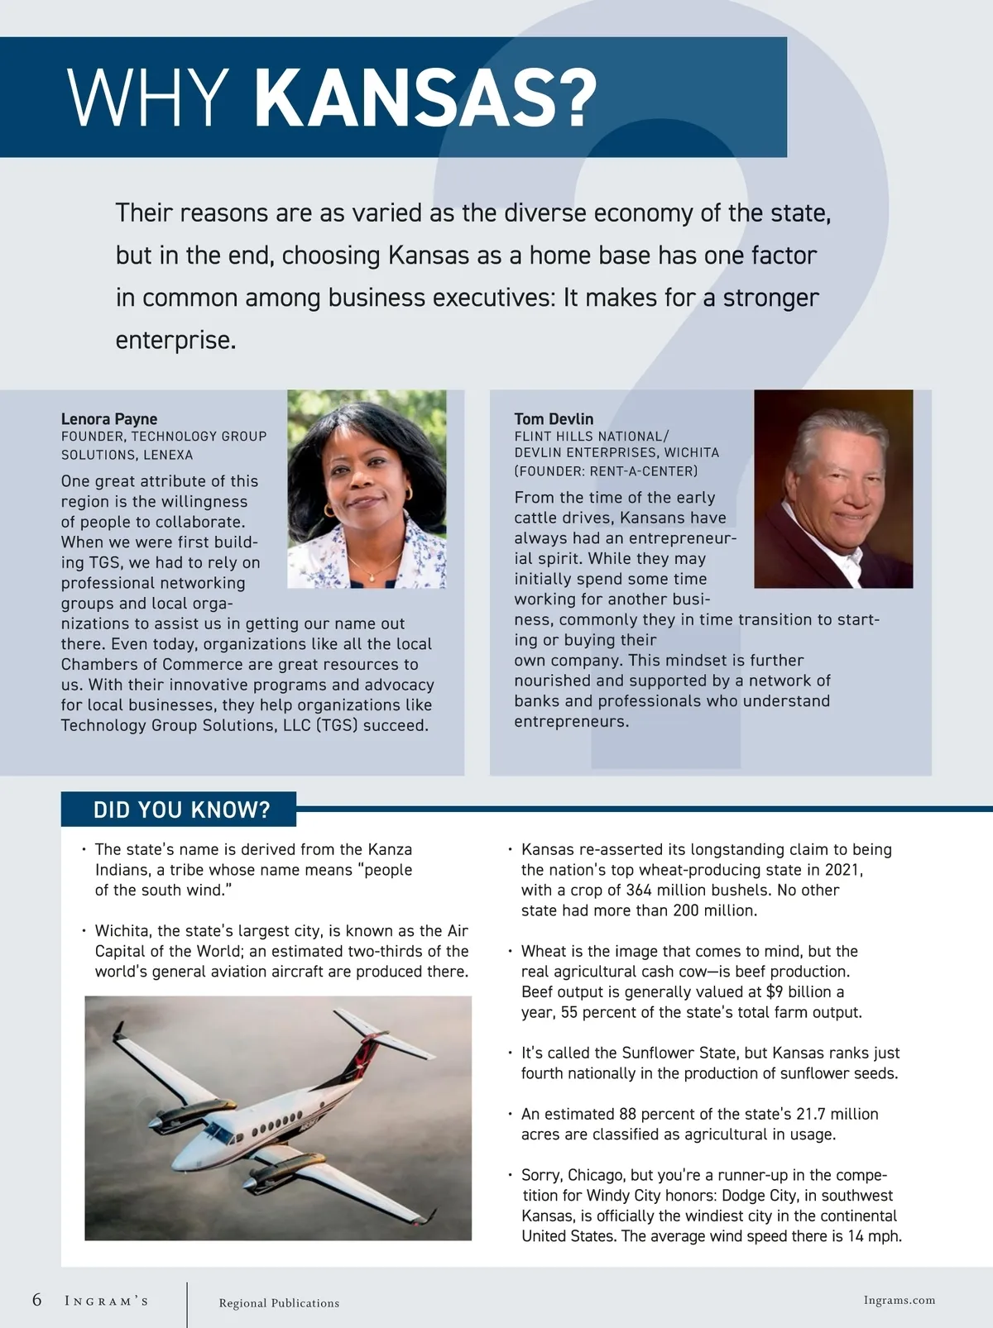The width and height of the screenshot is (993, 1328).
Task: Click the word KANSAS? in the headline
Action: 425,98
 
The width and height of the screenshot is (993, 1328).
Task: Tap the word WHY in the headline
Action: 149,98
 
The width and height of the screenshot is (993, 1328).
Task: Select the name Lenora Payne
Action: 109,418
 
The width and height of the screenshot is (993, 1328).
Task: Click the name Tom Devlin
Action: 554,418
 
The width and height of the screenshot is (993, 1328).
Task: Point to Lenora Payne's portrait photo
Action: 367,489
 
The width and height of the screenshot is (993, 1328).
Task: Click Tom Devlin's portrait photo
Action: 833,489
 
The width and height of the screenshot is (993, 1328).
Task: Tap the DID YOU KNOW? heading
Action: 181,810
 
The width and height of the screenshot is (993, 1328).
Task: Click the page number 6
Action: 37,1299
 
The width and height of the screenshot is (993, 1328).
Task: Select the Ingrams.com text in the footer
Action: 899,1300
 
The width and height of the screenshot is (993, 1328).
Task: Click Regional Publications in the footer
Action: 279,1303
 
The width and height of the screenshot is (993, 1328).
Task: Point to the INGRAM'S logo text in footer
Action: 107,1301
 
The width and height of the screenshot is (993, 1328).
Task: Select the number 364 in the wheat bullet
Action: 638,890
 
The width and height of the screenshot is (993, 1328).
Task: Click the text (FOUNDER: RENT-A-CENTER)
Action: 606,471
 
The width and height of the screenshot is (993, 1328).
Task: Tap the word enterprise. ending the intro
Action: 175,340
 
